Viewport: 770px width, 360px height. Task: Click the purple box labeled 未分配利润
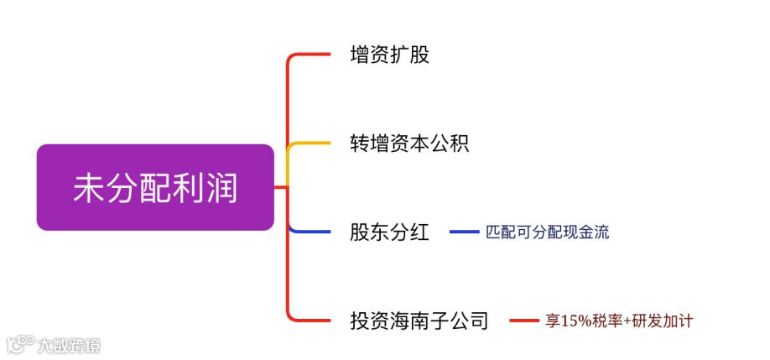155,187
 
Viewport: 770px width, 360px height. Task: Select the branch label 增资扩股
389,56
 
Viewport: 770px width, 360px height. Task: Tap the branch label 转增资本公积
409,143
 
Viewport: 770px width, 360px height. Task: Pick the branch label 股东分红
389,232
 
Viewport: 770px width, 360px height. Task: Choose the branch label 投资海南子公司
419,320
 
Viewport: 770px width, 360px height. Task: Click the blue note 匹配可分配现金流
548,232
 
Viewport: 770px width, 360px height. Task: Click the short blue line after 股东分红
464,232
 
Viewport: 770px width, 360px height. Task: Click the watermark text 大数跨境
68,345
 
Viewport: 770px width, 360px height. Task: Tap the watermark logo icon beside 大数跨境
19,344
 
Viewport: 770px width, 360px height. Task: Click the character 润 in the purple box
222,188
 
